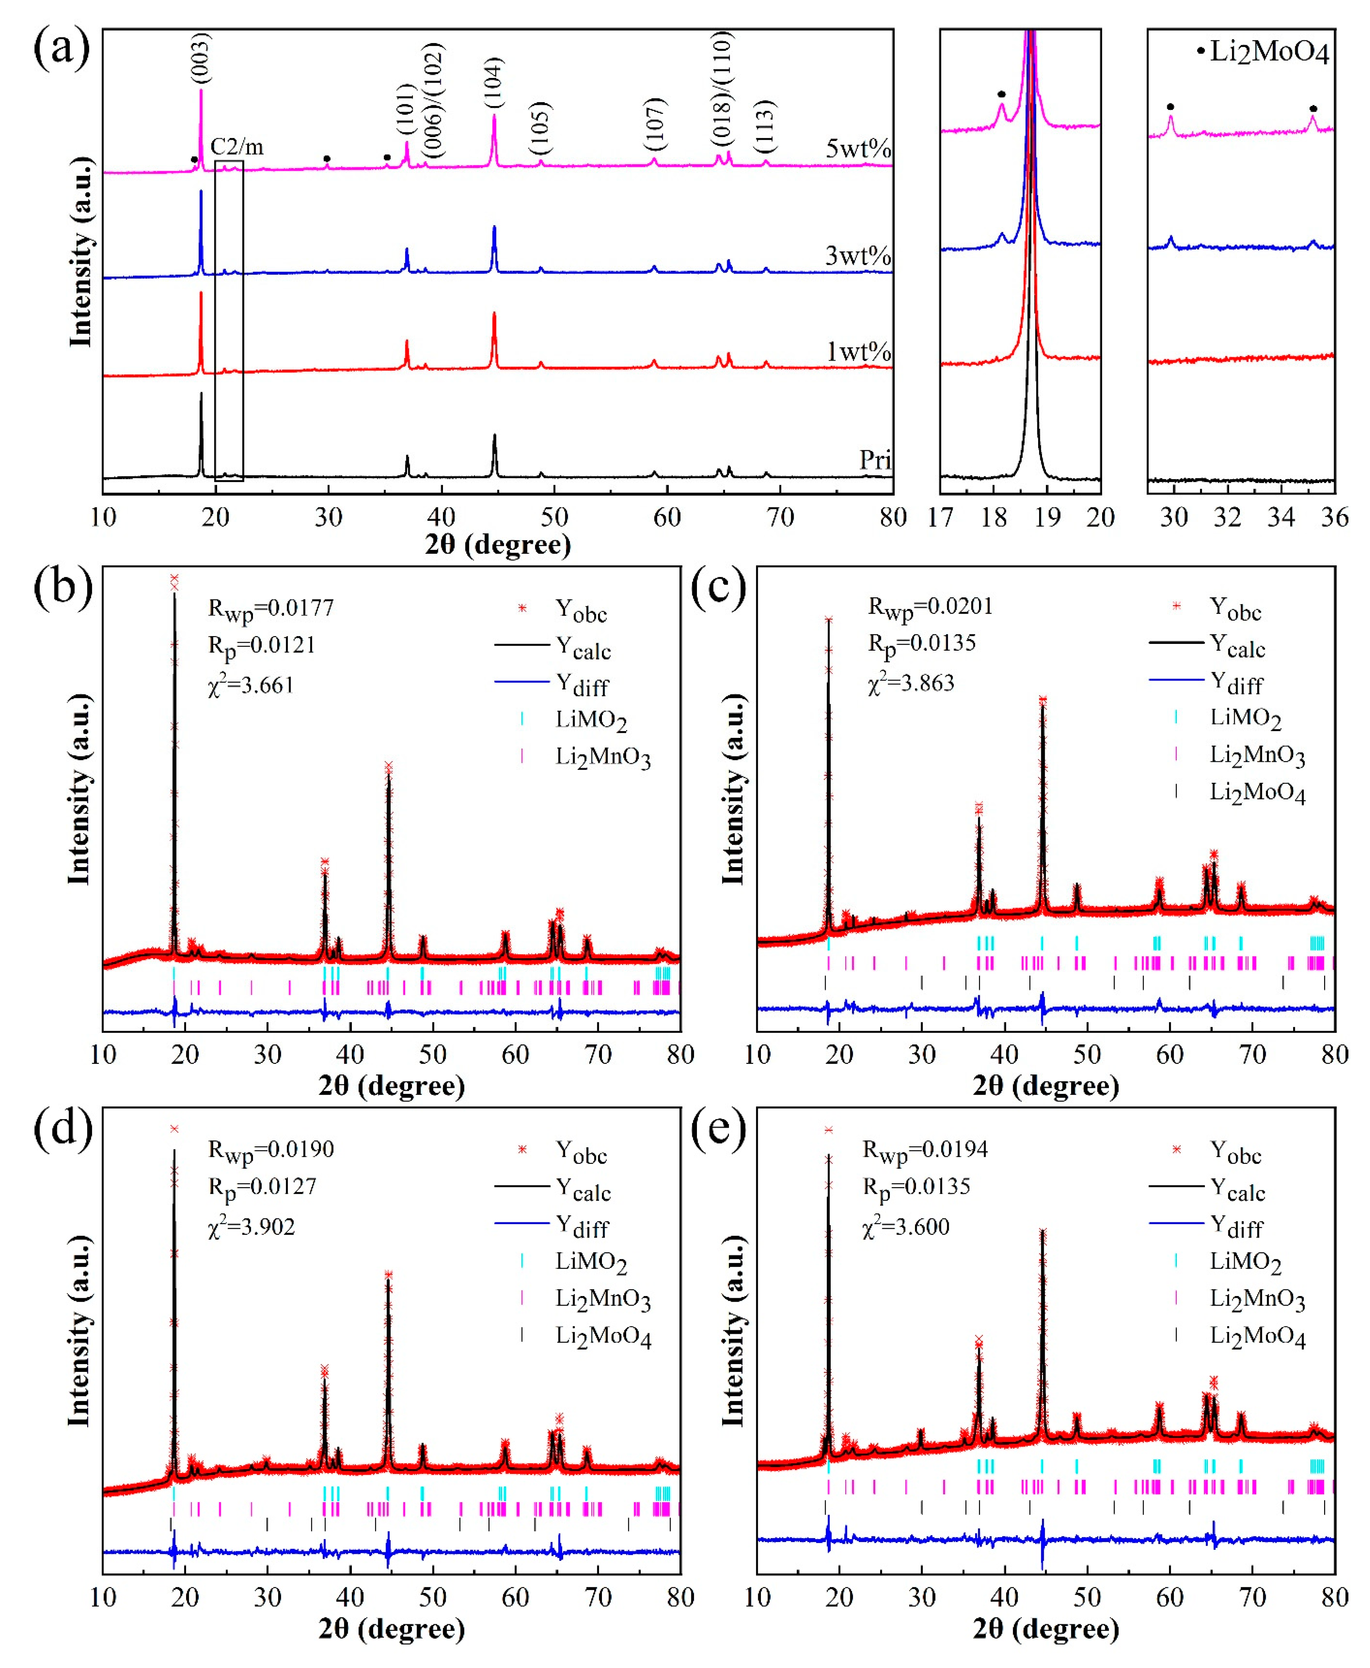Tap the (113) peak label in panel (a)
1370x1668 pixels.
[x=765, y=126]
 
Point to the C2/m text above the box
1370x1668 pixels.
[x=237, y=147]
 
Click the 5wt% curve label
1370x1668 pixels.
[x=858, y=148]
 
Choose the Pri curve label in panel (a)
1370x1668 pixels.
[x=875, y=460]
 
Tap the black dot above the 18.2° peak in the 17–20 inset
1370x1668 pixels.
[x=1001, y=94]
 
